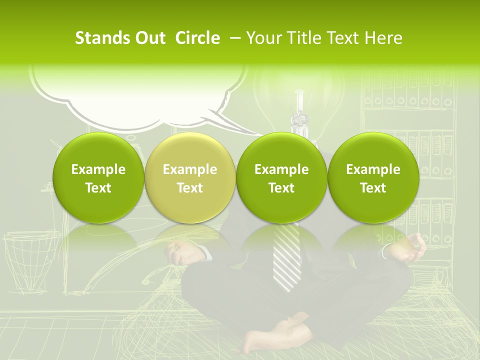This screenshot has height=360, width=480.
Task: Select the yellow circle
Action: click(x=190, y=178)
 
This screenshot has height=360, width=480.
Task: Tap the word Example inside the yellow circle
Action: click(x=190, y=169)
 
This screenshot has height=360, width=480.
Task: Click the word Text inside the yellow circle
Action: click(x=190, y=188)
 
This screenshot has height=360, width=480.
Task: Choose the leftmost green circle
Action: click(x=98, y=178)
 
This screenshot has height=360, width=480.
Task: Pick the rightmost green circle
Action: click(x=373, y=178)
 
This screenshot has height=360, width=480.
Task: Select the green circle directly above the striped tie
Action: click(x=281, y=178)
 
